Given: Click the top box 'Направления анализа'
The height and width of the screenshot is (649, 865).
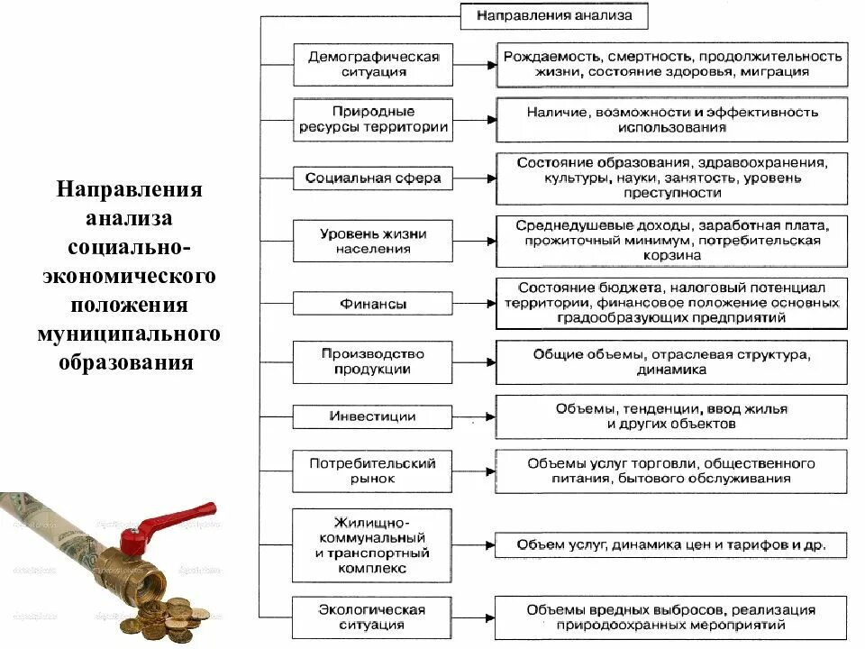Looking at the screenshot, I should pos(554,16).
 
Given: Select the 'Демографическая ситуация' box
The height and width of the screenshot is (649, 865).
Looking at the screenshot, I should pos(372,64).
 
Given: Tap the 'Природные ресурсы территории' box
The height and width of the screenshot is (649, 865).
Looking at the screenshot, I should pos(372,120).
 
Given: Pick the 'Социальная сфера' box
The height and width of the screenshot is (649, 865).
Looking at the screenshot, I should pos(372,178).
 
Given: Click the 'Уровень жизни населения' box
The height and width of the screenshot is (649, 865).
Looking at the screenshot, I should pos(372,242).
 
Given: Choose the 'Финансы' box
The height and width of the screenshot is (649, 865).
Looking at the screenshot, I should pos(372,304).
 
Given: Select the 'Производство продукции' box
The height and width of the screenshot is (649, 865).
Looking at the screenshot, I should pos(372,361).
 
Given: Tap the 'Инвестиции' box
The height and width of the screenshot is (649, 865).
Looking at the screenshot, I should pos(372,416).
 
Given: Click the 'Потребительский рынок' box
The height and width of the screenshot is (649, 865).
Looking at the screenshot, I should pos(372,471).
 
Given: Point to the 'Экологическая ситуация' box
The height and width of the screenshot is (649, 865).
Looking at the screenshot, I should pos(372,617).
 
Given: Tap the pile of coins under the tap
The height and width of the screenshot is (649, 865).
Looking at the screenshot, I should pos(172,618).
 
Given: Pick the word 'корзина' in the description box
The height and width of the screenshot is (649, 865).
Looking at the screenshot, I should pos(671,256).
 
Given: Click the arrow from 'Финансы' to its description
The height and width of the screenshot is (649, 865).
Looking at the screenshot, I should pos(474,303).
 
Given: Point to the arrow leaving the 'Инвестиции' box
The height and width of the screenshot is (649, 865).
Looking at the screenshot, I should pos(474,416).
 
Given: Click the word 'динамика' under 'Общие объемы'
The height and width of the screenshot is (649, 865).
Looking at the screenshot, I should pos(671,370).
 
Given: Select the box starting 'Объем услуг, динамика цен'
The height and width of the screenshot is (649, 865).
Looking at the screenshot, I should pos(671,545).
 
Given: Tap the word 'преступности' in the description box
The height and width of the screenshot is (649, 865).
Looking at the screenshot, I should pos(671,194).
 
